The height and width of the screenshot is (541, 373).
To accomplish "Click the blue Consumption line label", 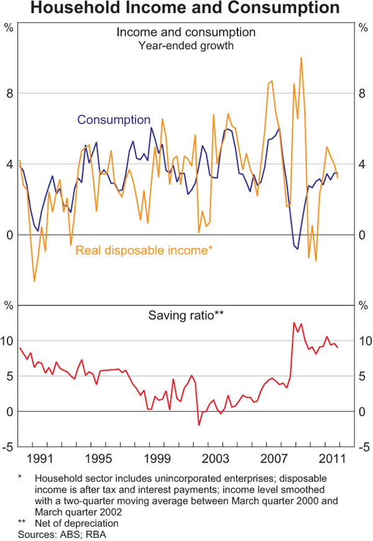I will click(114, 120).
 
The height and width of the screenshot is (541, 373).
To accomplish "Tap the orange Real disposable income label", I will click(145, 250).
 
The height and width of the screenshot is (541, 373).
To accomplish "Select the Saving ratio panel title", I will click(186, 316).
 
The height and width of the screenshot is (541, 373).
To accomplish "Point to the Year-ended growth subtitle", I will click(186, 45).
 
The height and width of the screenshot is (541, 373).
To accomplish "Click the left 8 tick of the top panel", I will click(9, 93).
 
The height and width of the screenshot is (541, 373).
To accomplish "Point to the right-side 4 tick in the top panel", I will click(364, 164).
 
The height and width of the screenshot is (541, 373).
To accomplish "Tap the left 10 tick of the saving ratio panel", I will click(7, 340).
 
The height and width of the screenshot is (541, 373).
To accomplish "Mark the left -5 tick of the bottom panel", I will click(7, 447).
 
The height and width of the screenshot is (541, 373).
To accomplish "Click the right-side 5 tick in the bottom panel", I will click(364, 376).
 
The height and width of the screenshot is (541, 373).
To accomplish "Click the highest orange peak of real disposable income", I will click(301, 58).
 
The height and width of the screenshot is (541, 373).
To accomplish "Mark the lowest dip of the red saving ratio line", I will click(199, 425).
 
